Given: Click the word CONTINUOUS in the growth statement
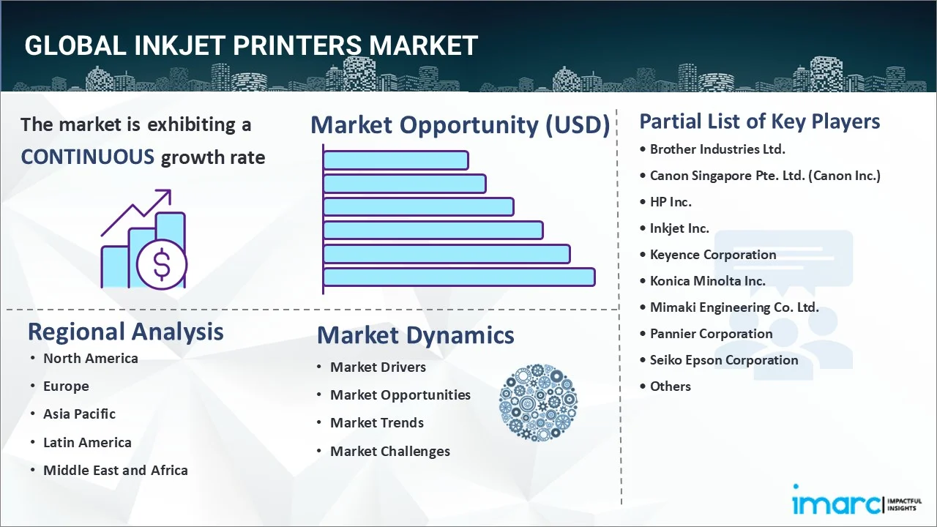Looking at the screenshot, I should pyautogui.click(x=87, y=157).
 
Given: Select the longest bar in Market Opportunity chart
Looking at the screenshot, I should pyautogui.click(x=459, y=277).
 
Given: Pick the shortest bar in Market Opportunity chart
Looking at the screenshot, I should pyautogui.click(x=395, y=160).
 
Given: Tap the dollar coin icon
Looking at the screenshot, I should pyautogui.click(x=162, y=264).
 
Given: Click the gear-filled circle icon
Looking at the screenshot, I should pyautogui.click(x=538, y=403).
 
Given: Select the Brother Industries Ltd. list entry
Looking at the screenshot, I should pyautogui.click(x=717, y=149).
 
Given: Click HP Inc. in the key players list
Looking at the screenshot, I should pyautogui.click(x=671, y=202).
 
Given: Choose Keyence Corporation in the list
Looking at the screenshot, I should pyautogui.click(x=713, y=255).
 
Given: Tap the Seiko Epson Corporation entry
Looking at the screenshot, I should pyautogui.click(x=724, y=360).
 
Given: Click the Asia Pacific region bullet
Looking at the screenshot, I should pyautogui.click(x=79, y=414).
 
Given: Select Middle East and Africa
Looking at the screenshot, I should pyautogui.click(x=116, y=471).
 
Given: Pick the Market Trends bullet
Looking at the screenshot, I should pyautogui.click(x=377, y=423).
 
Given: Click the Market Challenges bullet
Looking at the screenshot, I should pyautogui.click(x=390, y=452).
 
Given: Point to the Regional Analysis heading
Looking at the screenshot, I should pyautogui.click(x=125, y=332).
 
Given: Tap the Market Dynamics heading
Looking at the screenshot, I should pyautogui.click(x=415, y=335).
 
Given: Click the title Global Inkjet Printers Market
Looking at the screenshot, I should pyautogui.click(x=251, y=45).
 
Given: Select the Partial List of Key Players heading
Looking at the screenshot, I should pyautogui.click(x=760, y=122).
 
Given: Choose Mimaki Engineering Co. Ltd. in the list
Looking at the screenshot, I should pyautogui.click(x=734, y=307).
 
